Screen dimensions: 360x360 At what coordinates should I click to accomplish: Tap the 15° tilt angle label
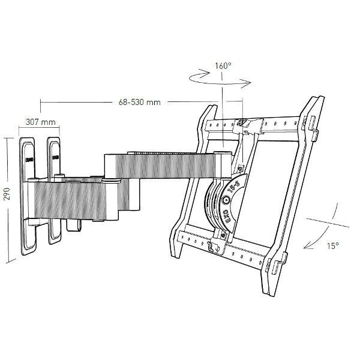tap(333, 246)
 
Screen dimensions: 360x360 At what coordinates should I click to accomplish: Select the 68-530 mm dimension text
tap(137, 103)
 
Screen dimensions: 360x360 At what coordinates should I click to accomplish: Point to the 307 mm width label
tap(40, 122)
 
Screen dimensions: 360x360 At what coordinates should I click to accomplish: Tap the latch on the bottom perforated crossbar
tap(211, 245)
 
